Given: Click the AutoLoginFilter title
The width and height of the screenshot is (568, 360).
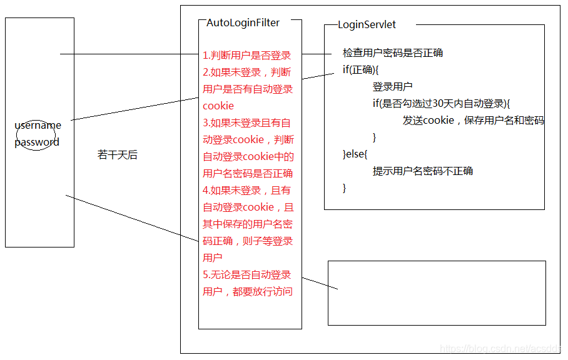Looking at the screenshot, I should (243, 22).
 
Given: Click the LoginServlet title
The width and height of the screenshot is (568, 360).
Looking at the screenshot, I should (367, 25).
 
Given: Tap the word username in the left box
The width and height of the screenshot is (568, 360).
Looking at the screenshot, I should (38, 126).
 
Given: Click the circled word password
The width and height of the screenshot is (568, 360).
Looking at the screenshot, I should (37, 142).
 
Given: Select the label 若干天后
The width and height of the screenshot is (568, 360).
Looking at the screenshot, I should (117, 155).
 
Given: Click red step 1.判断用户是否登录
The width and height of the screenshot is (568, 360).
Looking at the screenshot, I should (247, 55).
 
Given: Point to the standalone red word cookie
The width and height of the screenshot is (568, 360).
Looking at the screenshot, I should (218, 106).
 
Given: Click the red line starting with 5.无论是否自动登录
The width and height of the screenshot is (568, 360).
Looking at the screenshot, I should (247, 274).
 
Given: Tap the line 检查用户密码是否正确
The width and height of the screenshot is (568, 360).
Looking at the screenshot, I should (392, 53).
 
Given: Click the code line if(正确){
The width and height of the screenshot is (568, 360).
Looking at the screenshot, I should (361, 69).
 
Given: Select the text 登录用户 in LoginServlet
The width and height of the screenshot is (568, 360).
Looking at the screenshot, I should (392, 86).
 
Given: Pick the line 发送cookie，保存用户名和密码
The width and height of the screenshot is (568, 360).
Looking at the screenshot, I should (473, 121).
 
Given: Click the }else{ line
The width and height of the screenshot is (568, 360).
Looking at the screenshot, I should (355, 154).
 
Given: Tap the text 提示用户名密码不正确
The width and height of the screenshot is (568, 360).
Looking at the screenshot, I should (423, 171).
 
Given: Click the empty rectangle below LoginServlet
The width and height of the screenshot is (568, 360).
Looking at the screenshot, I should (437, 293).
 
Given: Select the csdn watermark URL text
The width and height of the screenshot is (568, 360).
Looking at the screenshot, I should (500, 349).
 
